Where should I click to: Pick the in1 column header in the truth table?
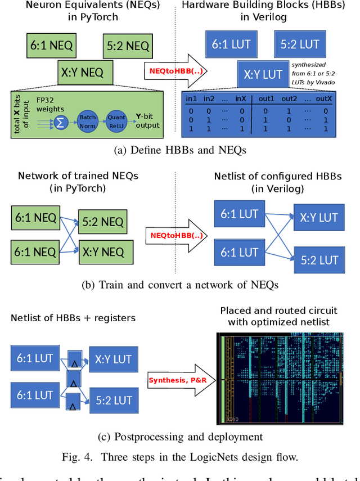(x=192, y=99)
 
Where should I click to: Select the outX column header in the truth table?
(x=323, y=99)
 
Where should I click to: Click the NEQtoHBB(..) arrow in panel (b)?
(x=176, y=235)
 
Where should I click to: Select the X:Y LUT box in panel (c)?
(x=113, y=359)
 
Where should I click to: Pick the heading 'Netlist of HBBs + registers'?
(x=73, y=318)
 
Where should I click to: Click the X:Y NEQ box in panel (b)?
(x=105, y=252)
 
